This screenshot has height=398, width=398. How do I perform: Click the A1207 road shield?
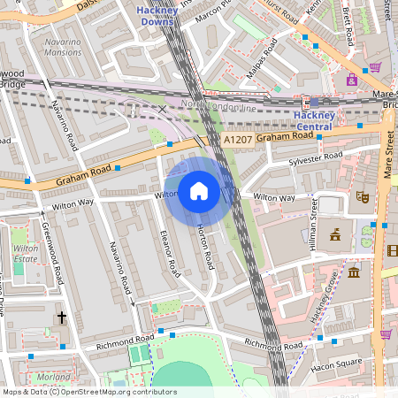[x=237, y=140]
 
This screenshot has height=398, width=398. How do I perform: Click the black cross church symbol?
[x=62, y=317]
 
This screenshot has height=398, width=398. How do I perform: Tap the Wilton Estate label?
[x=26, y=255]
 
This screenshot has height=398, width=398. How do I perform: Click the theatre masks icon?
[x=361, y=196]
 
